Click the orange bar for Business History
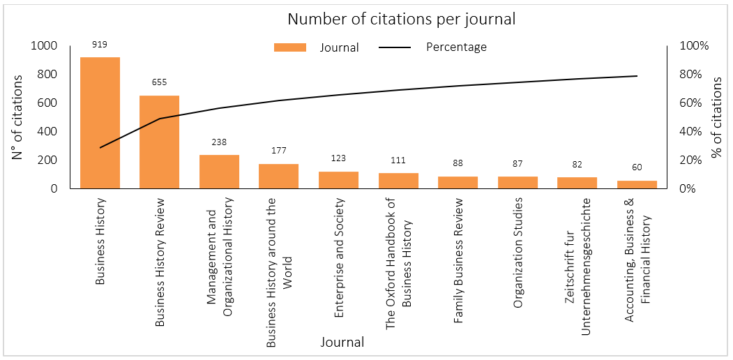coord(100,123)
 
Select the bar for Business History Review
coord(160,142)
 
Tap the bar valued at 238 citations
coord(219,172)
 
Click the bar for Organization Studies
coord(517,183)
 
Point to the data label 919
coord(99,45)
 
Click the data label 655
coord(159,82)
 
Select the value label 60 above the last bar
coord(637,167)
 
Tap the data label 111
coord(398,160)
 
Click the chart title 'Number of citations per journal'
coord(401,19)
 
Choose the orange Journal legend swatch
coord(290,47)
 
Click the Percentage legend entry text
coord(456,47)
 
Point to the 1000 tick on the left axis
coord(43,46)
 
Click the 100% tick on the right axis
coord(694,46)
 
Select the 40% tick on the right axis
coord(693,132)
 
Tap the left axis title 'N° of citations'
coord(18,117)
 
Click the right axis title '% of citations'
coord(716,117)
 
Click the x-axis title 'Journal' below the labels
coord(342,343)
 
